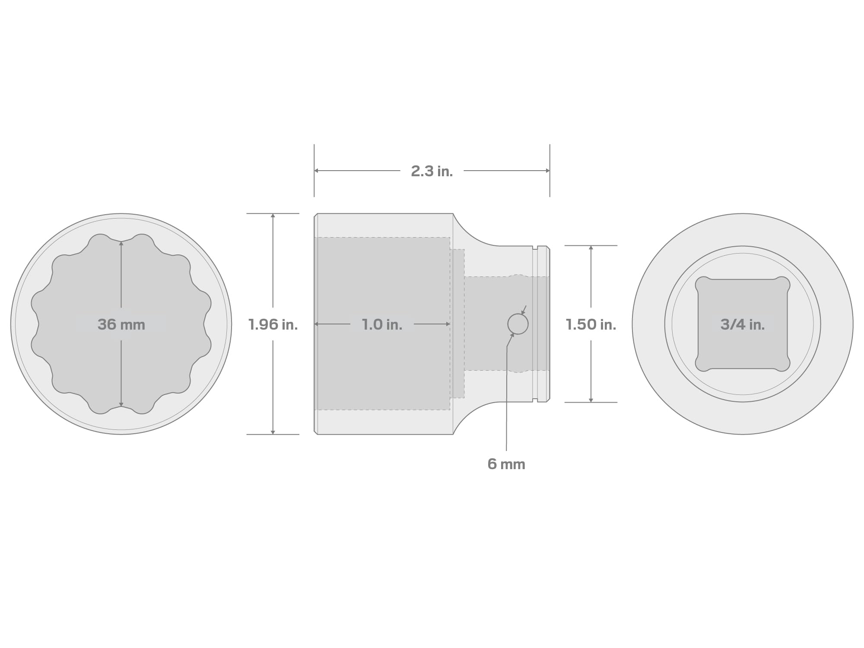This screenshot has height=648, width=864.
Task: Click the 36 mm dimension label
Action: pos(121,324)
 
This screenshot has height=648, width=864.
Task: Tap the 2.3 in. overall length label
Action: pos(432,171)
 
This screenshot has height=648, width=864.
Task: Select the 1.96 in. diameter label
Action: pos(273,324)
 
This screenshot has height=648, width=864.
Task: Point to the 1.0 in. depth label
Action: pos(382,324)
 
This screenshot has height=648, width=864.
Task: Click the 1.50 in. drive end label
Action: pos(591,324)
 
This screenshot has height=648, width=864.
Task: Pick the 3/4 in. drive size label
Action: pos(742,324)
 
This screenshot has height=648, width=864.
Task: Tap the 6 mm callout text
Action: pos(506,464)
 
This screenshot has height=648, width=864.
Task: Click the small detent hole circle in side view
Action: pos(518,324)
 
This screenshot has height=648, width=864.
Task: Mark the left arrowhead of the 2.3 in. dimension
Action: pos(316,171)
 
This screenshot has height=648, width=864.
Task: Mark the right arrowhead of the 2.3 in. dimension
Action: pos(547,171)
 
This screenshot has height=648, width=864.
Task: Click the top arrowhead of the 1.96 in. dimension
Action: pos(273,216)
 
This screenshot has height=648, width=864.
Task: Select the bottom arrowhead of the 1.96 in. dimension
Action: pos(273,432)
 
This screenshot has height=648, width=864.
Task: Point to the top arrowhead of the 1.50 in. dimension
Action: pos(591,248)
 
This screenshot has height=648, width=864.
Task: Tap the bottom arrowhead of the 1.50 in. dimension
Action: pos(591,400)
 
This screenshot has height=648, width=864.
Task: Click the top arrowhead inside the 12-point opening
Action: pos(121,244)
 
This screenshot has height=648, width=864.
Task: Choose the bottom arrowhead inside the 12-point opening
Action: pos(121,404)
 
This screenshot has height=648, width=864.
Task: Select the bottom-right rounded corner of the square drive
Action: pos(783,364)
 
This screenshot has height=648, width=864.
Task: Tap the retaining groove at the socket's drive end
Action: pos(535,324)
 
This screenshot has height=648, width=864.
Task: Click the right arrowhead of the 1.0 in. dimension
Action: pos(448,324)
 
